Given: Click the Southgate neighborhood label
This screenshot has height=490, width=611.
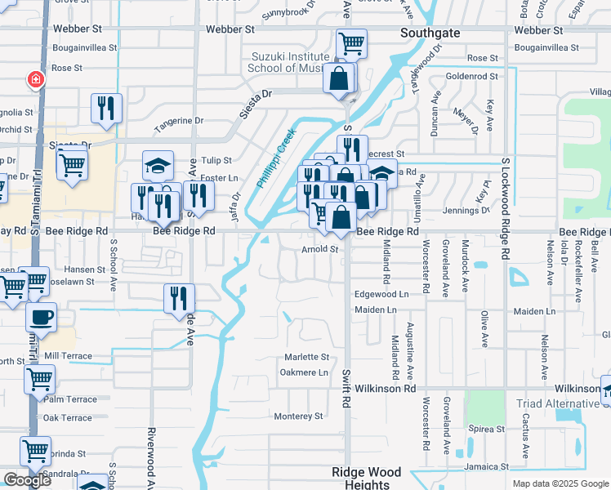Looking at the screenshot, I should (x=430, y=33).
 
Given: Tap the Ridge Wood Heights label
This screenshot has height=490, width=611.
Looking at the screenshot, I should (x=366, y=478).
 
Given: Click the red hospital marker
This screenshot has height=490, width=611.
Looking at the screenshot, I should (x=35, y=79).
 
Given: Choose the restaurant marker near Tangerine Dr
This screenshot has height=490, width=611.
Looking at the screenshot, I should (x=106, y=108).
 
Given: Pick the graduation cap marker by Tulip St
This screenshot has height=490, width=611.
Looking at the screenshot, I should (x=158, y=166).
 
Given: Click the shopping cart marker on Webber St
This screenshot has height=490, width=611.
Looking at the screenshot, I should (x=351, y=43).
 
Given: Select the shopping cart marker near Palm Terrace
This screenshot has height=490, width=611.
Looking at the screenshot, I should (x=39, y=379).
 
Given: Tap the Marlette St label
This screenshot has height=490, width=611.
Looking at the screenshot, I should (x=306, y=358).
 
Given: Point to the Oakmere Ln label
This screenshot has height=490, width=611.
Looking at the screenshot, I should (x=303, y=372).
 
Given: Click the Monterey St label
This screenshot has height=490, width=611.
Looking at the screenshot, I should (x=298, y=416).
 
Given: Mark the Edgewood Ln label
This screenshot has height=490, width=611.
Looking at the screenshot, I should (x=381, y=294).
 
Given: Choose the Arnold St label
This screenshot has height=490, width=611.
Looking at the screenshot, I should (x=320, y=249).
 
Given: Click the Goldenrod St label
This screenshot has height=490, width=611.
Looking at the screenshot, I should (x=472, y=76).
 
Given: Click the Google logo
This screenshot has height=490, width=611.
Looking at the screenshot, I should (x=27, y=480).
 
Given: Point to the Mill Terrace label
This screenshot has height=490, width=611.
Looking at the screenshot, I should (x=69, y=356).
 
